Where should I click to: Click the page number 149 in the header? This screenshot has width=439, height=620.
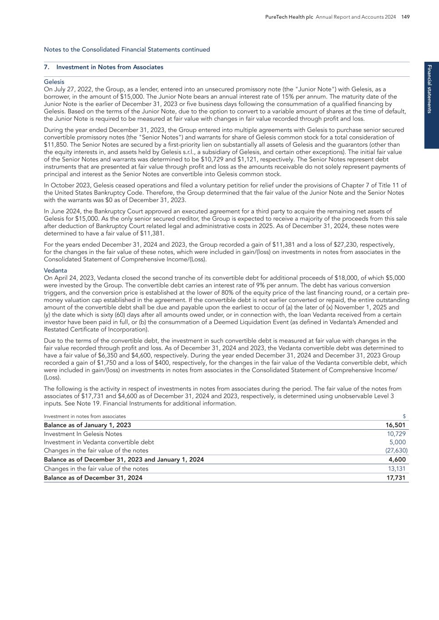coord(406,17)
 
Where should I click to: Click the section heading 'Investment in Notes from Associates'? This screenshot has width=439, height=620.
coord(110,67)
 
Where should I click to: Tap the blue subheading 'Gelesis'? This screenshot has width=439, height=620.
coord(54,82)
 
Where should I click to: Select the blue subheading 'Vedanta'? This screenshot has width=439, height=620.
coord(56,271)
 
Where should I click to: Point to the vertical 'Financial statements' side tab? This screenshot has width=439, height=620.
coord(431,89)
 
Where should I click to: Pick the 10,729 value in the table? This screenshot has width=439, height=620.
coord(396,434)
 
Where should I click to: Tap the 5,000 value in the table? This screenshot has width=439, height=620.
coord(397,442)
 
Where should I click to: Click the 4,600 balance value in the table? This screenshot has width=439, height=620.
coord(397,460)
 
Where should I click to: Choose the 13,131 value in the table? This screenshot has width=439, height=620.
coord(396,469)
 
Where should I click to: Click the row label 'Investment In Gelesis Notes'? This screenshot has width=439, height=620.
coord(83,434)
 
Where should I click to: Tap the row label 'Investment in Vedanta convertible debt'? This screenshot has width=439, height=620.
coord(99,442)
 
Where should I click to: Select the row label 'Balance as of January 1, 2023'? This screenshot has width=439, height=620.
coord(87,425)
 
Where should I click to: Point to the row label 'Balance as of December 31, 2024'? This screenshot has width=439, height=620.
coord(93,478)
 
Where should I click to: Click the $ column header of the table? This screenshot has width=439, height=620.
coord(404,417)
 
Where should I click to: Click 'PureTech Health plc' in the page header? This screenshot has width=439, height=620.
coord(289,17)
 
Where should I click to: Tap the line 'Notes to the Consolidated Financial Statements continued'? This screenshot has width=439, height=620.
coord(127,50)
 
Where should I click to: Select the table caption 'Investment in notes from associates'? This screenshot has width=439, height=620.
coord(85,417)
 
